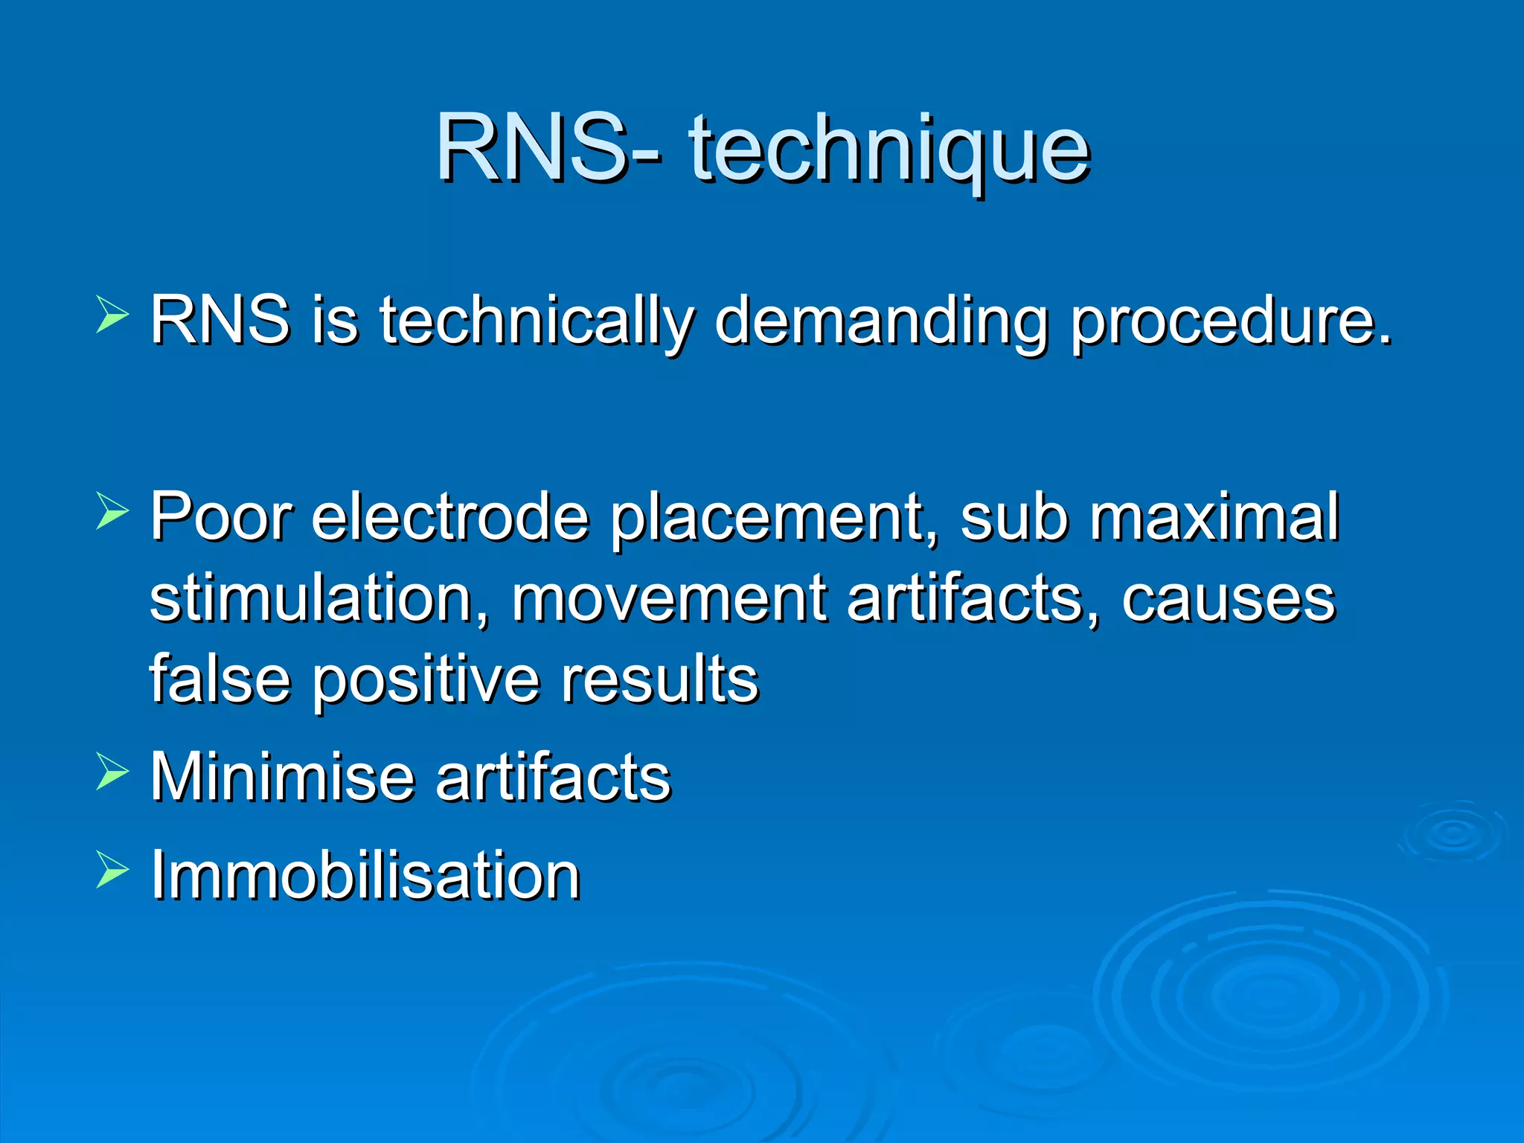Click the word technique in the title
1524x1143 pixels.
[889, 149]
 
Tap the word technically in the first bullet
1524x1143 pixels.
[537, 321]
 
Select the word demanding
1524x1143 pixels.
[883, 321]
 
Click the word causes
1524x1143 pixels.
[1229, 598]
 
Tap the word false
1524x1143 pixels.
[220, 679]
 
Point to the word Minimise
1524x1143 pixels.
[282, 777]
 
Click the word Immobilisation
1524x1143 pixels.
[365, 875]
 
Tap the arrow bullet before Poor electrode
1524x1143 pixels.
[112, 511]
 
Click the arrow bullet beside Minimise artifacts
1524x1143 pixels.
[112, 772]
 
